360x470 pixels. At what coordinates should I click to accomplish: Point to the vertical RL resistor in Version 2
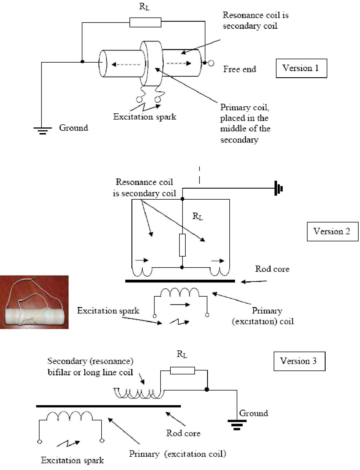click(182, 245)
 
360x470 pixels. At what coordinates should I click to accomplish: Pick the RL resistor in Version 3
click(182, 370)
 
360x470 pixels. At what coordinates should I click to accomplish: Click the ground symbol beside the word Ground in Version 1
click(43, 131)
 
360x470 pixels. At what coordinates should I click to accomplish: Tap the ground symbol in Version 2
click(278, 188)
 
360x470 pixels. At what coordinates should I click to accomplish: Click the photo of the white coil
click(34, 302)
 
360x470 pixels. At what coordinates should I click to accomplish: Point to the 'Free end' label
click(240, 69)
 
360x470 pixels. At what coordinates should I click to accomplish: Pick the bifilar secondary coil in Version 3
click(139, 394)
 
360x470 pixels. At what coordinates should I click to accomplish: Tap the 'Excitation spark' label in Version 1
click(145, 117)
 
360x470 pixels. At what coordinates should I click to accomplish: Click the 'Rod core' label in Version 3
click(183, 433)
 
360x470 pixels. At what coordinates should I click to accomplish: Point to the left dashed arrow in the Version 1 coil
click(126, 64)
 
